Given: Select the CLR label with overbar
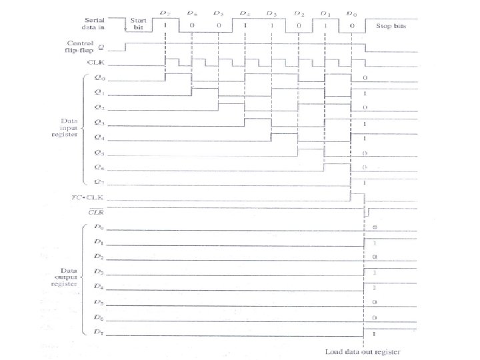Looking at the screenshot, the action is [98, 211].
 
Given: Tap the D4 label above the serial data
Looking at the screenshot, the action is [245, 13].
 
